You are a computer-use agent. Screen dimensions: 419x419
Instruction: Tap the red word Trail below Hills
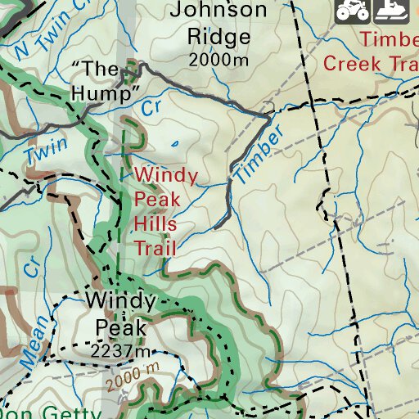155,248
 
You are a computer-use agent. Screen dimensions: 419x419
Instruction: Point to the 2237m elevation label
121,351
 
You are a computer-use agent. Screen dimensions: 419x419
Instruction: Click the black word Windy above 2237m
119,302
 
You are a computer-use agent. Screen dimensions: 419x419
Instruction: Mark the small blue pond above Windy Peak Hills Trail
174,146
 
